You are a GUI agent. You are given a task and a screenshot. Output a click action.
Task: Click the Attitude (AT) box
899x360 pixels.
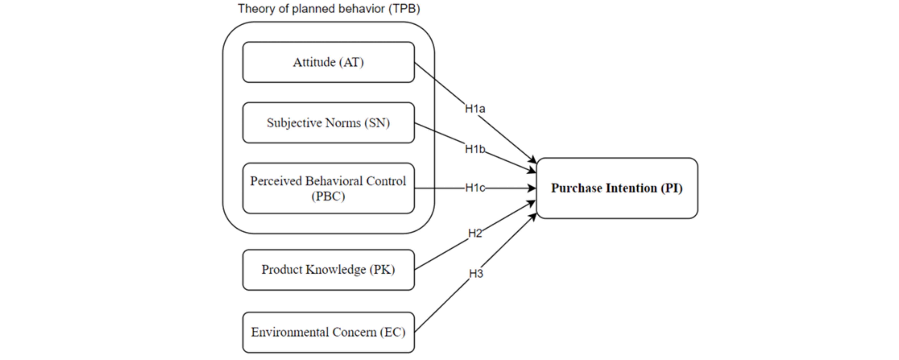click(328, 62)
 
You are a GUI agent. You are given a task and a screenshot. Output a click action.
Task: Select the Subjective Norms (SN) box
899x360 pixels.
click(328, 122)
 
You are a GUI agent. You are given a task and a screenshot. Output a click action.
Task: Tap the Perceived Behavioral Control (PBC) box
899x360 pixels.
click(328, 188)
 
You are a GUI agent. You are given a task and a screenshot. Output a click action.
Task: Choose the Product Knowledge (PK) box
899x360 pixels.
click(328, 270)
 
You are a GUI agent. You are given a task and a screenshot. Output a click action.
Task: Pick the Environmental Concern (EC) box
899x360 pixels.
click(328, 332)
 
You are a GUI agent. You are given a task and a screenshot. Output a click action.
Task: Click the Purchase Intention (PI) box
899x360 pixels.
click(617, 188)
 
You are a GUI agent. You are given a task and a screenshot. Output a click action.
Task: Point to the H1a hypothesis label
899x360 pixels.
click(475, 109)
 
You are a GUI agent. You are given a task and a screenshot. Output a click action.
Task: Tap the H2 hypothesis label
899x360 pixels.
click(475, 233)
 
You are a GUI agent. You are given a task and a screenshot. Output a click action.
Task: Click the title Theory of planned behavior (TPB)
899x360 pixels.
click(329, 9)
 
